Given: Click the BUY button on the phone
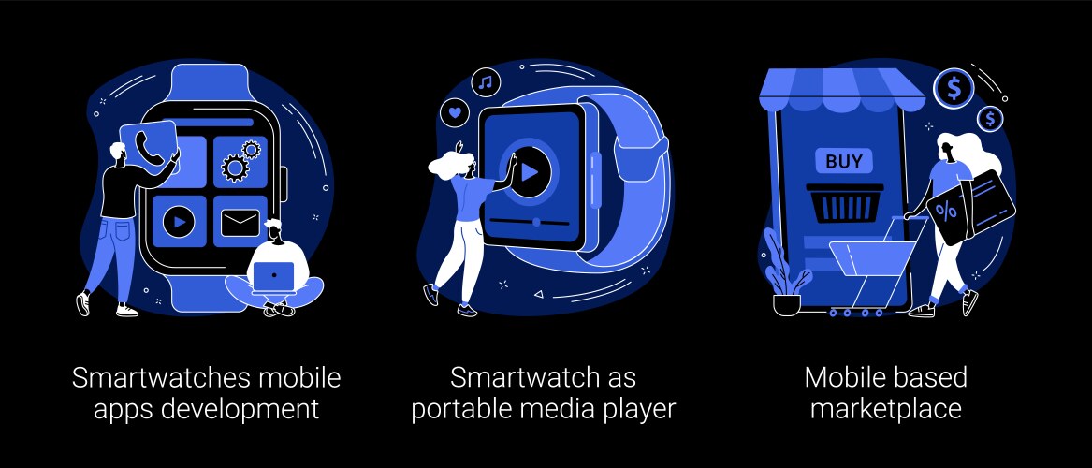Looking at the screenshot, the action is coord(844,162).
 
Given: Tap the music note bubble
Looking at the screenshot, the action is coord(486,82).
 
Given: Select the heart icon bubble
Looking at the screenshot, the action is coord(455,111).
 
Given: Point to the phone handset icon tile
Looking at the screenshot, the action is coord(149,147).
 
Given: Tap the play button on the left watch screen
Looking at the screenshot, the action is coord(179,222).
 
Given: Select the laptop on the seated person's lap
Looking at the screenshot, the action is coord(273,277).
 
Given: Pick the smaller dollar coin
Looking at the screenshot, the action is coord(990,118).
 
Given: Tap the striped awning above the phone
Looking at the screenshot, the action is coord(842,90).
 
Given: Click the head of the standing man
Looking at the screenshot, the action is coord(119,154).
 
